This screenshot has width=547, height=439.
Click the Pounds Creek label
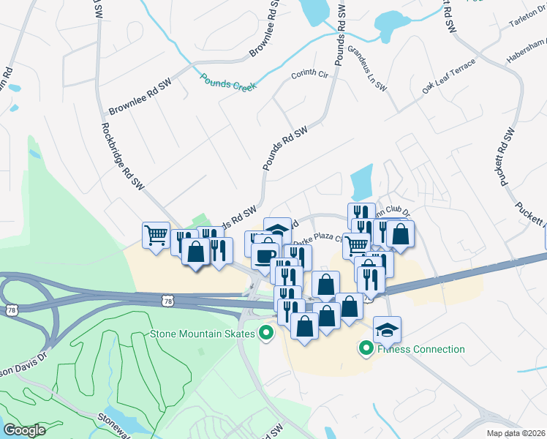coord(229,80)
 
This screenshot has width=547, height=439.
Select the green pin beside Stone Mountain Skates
coord(266,334)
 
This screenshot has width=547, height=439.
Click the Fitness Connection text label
coord(420,349)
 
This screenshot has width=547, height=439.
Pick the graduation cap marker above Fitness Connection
coord(387,329)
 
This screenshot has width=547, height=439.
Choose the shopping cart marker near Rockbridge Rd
coord(156,235)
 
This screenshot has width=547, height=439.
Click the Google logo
coord(24,430)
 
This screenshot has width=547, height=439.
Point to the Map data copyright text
coord(516,433)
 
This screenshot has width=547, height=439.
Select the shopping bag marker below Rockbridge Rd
coord(195,251)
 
